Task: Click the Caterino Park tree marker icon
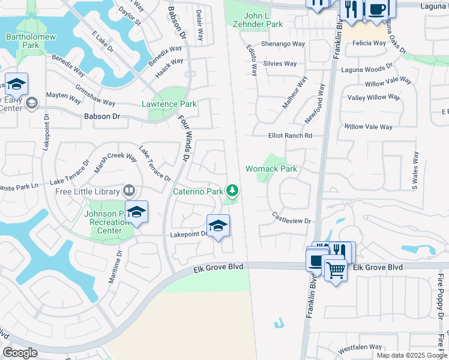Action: click(x=232, y=191)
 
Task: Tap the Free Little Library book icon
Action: click(x=128, y=191)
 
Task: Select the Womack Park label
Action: click(x=271, y=169)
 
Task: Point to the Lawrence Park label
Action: click(x=169, y=104)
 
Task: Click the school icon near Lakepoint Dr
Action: click(x=218, y=226)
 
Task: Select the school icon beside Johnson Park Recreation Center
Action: click(x=137, y=212)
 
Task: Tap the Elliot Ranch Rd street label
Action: click(x=291, y=136)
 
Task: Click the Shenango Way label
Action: click(x=283, y=44)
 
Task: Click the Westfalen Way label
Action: click(x=360, y=347)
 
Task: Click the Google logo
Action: click(x=20, y=353)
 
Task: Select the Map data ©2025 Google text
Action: click(x=411, y=355)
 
